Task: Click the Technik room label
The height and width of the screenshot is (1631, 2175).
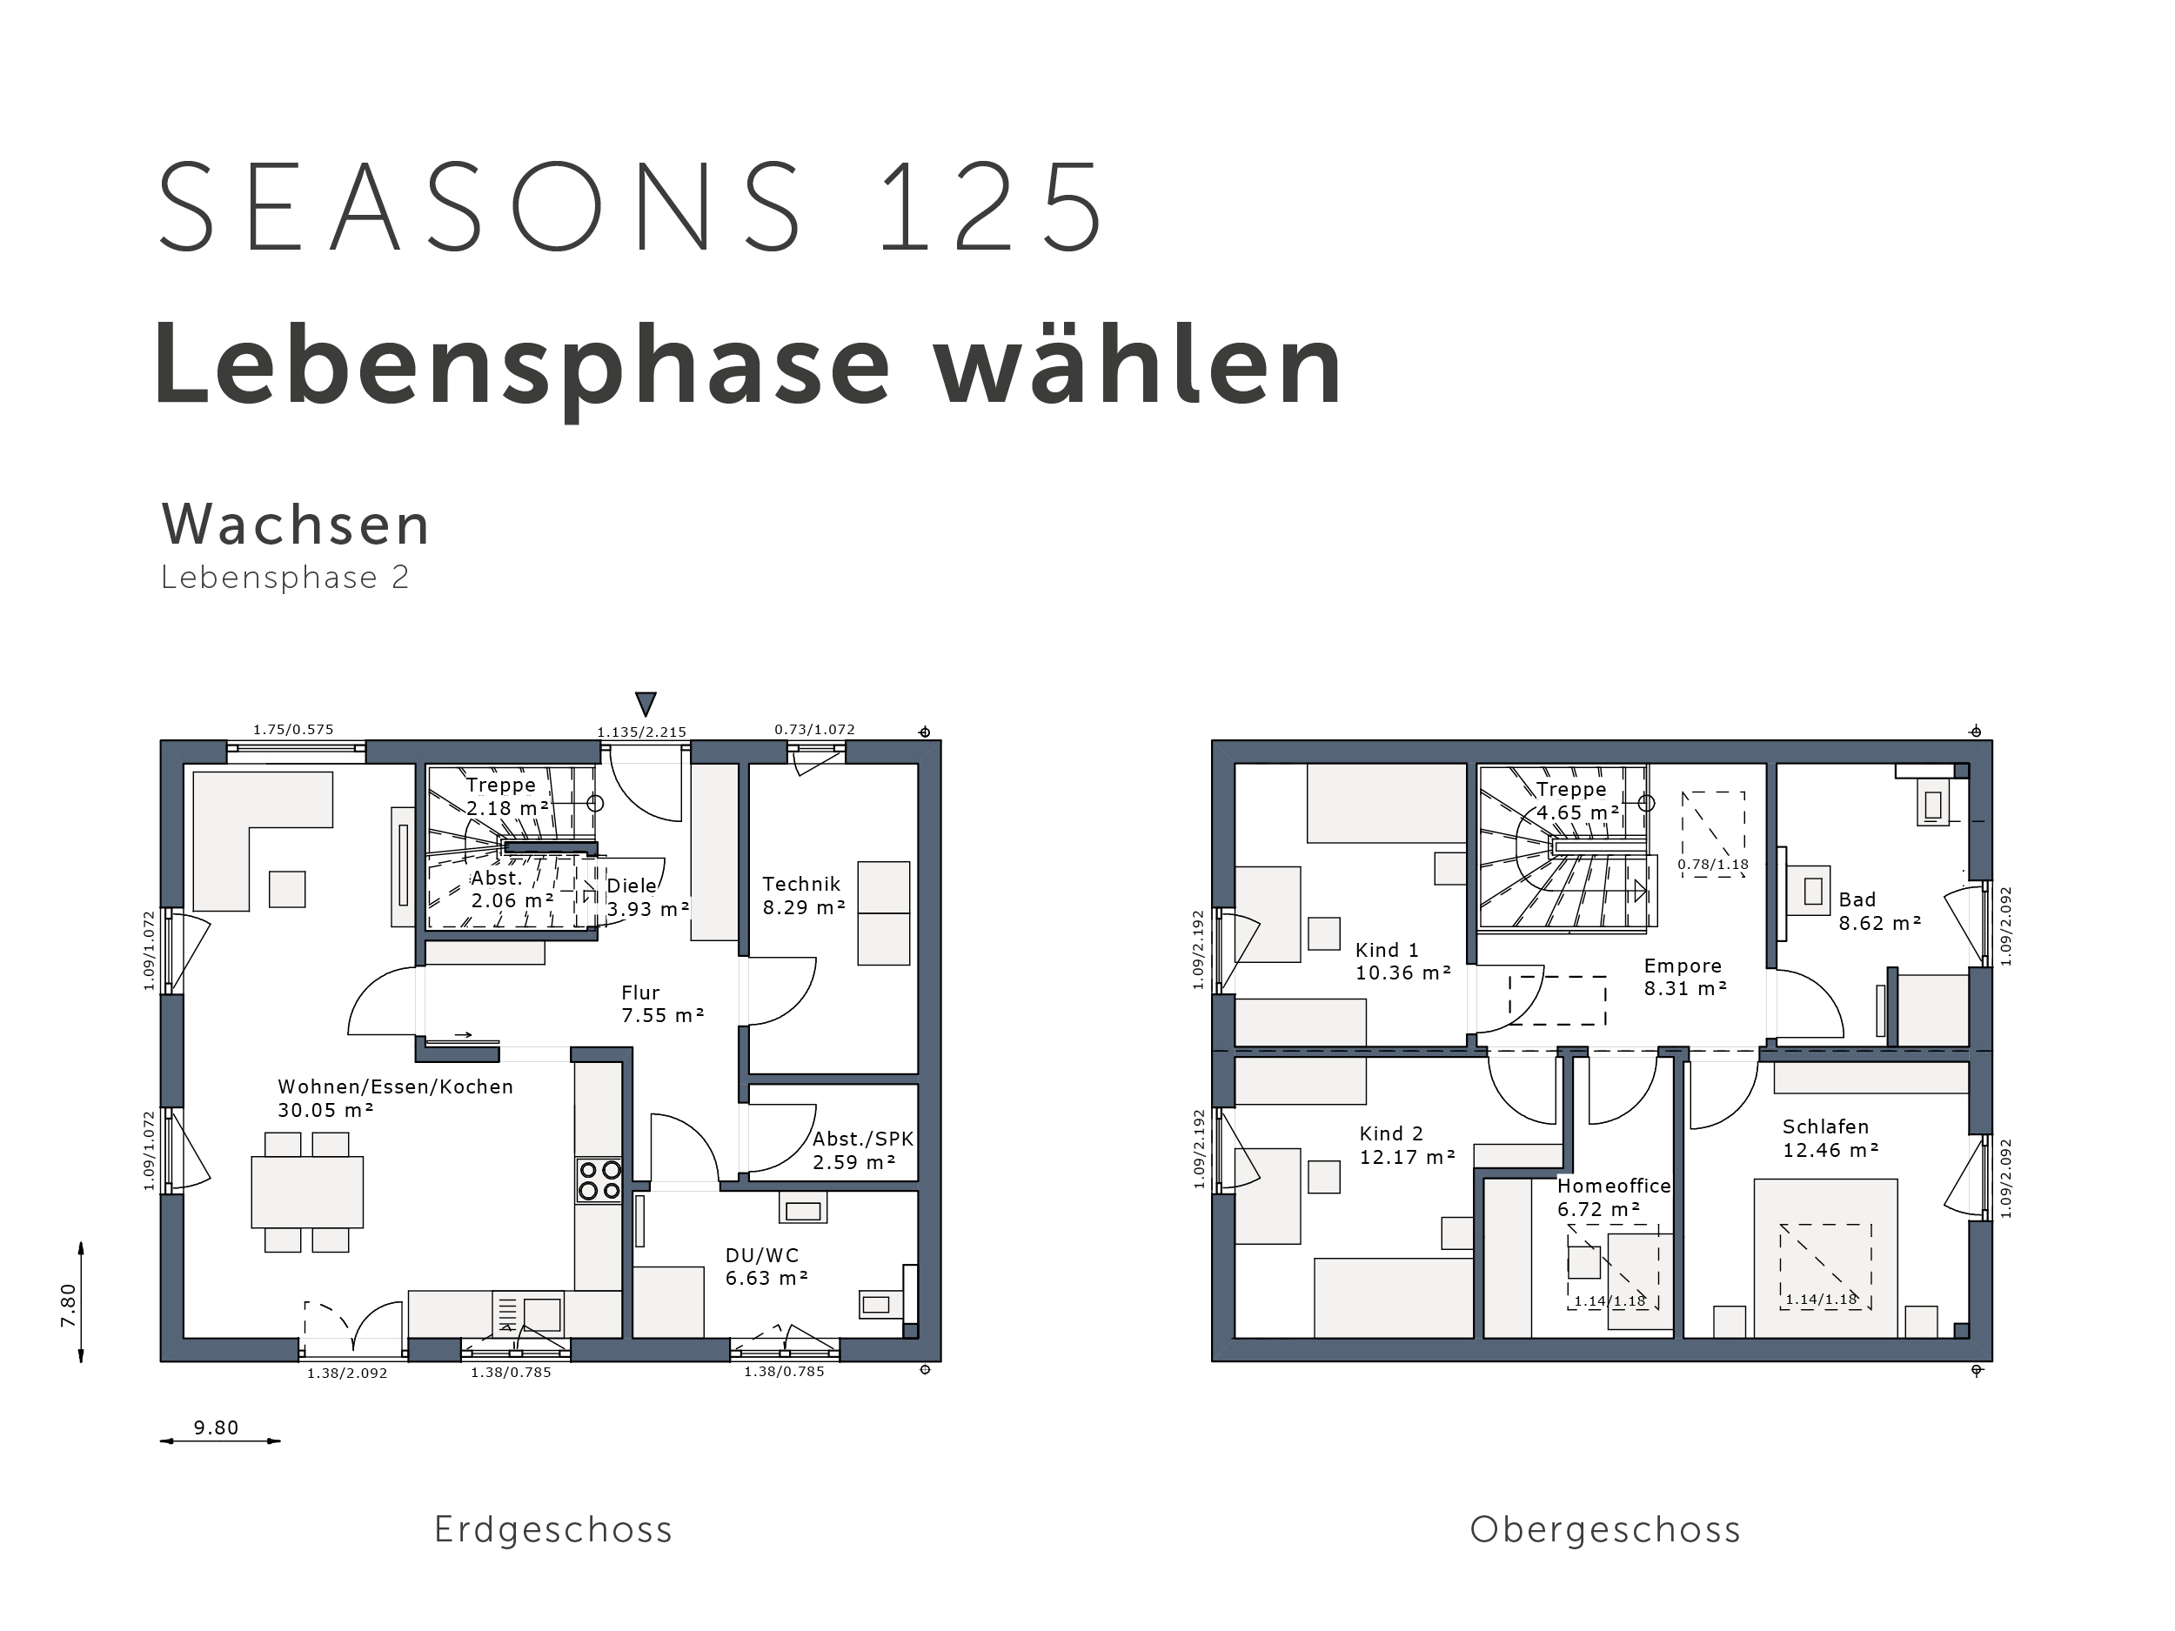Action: click(x=801, y=884)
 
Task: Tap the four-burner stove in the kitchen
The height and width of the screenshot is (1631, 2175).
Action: click(x=599, y=1180)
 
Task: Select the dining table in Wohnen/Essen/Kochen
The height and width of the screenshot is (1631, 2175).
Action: click(x=307, y=1192)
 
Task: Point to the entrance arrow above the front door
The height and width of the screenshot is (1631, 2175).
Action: click(x=645, y=704)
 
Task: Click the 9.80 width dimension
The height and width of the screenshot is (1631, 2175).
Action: click(x=217, y=1427)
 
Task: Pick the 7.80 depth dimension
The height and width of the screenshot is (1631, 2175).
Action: click(x=68, y=1305)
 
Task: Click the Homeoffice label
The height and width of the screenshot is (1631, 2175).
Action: click(x=1614, y=1186)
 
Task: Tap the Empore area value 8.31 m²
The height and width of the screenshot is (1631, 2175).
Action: click(x=1685, y=989)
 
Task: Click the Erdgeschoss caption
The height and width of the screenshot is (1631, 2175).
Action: click(x=553, y=1531)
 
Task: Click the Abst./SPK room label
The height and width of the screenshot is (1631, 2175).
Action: click(x=863, y=1139)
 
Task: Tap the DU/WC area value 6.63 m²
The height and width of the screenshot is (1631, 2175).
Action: click(x=767, y=1278)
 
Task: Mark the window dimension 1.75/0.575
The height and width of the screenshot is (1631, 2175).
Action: click(x=293, y=730)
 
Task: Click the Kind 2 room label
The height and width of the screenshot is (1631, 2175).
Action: click(x=1391, y=1133)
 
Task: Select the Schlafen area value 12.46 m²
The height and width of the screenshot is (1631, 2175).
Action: click(x=1830, y=1150)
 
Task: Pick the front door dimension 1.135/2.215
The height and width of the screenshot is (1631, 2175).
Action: click(x=642, y=732)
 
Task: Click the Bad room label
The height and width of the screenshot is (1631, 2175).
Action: click(x=1857, y=899)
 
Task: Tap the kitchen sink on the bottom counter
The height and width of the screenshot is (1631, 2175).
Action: click(x=542, y=1314)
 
